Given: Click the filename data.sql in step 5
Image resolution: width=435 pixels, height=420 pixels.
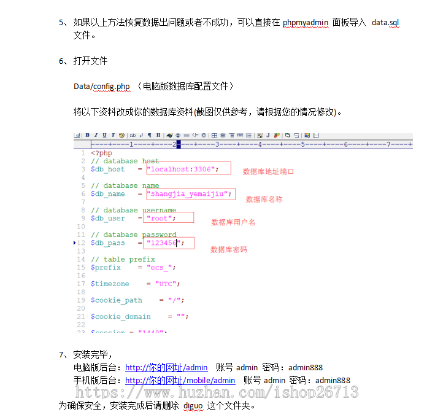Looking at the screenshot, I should click(385, 23).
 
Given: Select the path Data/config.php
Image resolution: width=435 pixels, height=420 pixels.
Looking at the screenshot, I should click(102, 87).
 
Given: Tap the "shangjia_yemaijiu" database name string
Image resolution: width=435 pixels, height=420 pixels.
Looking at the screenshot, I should click(190, 193).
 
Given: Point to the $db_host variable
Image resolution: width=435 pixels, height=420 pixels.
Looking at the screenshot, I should click(107, 169).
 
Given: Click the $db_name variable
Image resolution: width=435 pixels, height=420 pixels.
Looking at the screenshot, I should click(107, 193).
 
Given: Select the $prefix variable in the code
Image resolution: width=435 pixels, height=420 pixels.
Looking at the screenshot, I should click(106, 267).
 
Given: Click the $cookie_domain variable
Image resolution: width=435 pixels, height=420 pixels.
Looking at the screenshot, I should click(120, 316).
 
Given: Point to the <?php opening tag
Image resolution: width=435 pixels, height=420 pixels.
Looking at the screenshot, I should click(101, 153).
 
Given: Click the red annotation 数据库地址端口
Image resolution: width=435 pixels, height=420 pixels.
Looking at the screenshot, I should click(268, 171).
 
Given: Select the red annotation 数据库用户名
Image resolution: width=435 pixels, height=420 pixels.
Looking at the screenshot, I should click(233, 222).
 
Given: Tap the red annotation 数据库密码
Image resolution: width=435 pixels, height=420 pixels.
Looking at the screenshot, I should click(229, 249).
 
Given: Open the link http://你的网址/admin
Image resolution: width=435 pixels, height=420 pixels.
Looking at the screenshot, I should click(166, 368).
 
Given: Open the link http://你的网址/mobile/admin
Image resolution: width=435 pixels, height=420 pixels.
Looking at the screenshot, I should click(180, 381).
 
